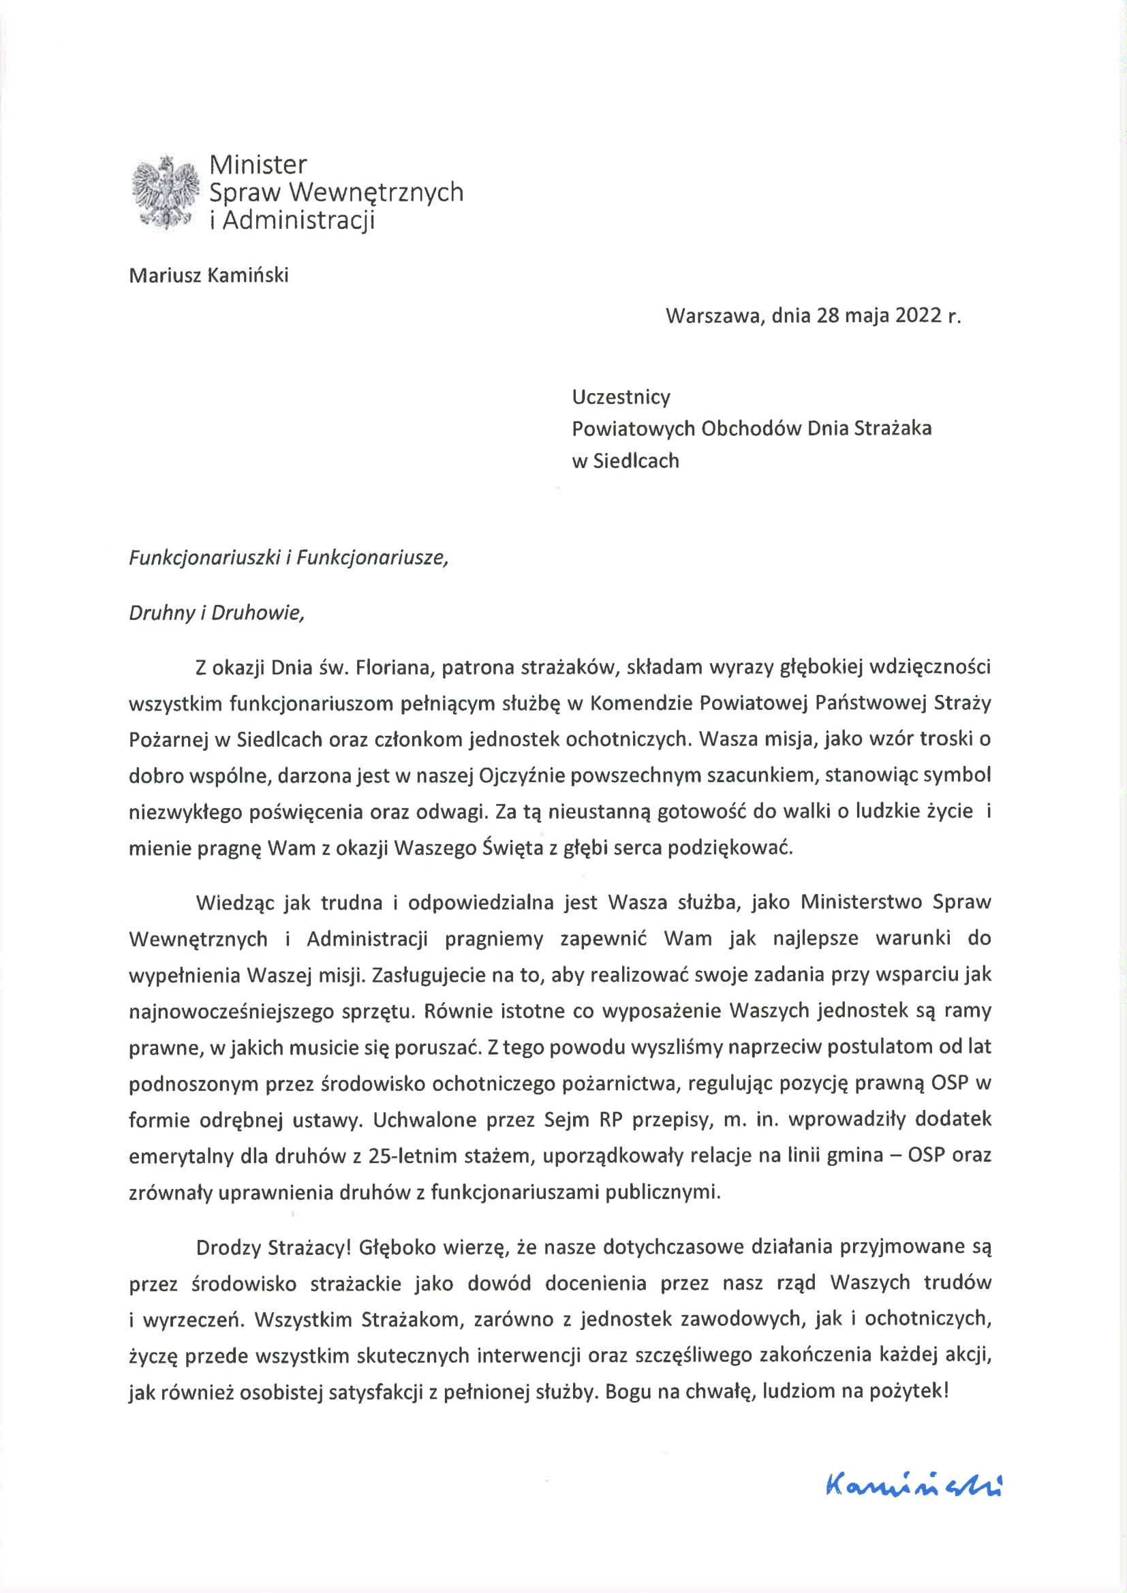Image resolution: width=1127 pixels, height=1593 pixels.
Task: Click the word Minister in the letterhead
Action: click(258, 164)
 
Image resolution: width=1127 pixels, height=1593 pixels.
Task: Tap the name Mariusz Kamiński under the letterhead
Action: click(209, 275)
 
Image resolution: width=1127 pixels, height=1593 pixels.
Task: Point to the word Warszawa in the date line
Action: click(715, 315)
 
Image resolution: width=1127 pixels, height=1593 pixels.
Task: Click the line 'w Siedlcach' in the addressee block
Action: click(625, 460)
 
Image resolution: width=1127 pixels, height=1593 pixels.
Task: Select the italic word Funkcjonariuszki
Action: click(204, 558)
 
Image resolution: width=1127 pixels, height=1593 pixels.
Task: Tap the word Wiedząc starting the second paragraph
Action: click(231, 902)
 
